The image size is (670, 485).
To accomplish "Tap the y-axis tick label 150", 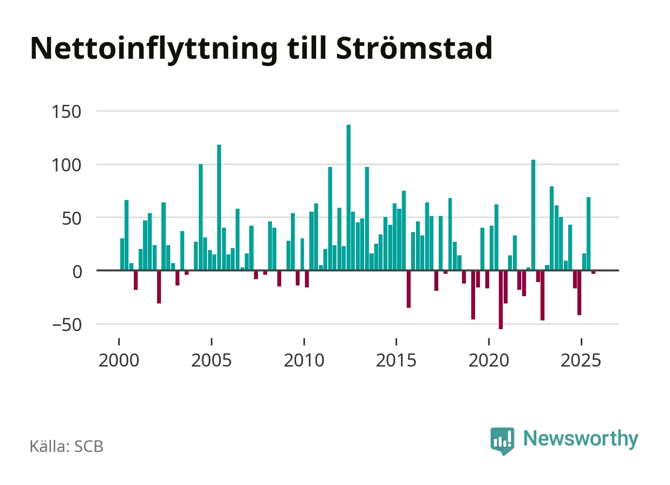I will [66, 112].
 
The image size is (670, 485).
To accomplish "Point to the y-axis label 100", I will [66, 165].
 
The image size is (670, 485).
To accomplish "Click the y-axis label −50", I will [66, 324].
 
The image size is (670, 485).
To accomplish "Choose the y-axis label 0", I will [77, 271].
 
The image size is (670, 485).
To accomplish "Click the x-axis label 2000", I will [119, 360].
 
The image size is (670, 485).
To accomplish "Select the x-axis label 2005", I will [211, 360].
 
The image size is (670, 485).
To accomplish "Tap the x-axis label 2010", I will [304, 360].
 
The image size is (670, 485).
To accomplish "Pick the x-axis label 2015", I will [396, 360].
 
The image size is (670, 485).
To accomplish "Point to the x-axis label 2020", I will [489, 360].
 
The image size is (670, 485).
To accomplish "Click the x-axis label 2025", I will [581, 360].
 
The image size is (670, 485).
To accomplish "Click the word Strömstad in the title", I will [414, 48].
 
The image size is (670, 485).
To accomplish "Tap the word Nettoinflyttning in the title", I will [154, 49].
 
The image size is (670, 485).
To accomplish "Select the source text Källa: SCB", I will [66, 446].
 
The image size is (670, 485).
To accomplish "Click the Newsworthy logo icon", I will [502, 440].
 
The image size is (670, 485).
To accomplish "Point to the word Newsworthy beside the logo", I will [581, 438].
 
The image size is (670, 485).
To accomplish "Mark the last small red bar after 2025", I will [593, 272].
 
